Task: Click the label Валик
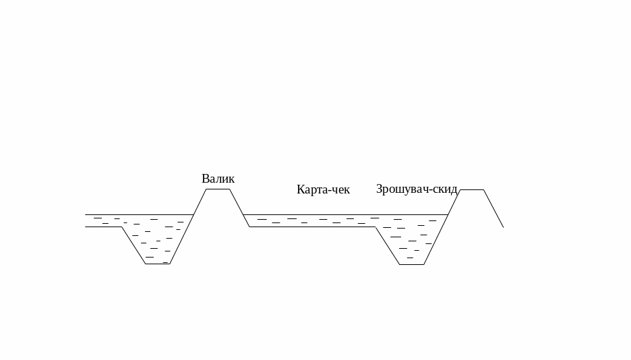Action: pyautogui.click(x=218, y=179)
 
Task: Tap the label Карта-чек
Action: pyautogui.click(x=323, y=189)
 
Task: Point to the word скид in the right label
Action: pyautogui.click(x=446, y=189)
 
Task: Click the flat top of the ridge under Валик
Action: pyautogui.click(x=218, y=189)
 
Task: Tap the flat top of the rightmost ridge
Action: pyautogui.click(x=472, y=190)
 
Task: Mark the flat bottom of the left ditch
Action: pyautogui.click(x=158, y=264)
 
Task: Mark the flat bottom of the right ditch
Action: pyautogui.click(x=412, y=264)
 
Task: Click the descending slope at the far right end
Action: pyautogui.click(x=494, y=210)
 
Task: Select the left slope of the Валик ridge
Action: pyautogui.click(x=200, y=202)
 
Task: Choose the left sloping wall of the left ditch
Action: pyautogui.click(x=133, y=245)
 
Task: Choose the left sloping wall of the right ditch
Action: pyautogui.click(x=388, y=246)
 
